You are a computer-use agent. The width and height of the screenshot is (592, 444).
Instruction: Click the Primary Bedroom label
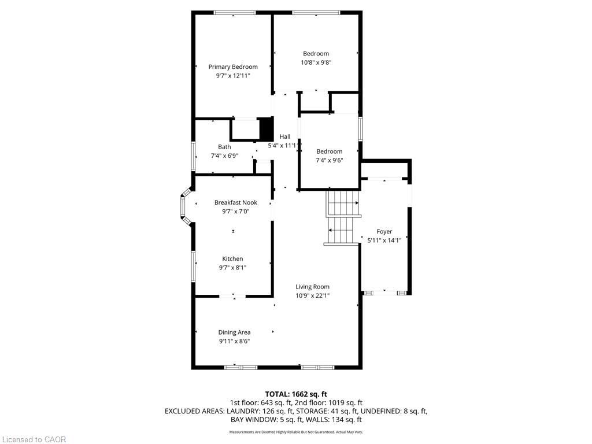pos(233,67)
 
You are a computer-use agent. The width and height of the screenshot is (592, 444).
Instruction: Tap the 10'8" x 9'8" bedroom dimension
pos(316,62)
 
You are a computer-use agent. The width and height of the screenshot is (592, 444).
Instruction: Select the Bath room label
pos(224,147)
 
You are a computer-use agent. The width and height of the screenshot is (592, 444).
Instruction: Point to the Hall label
pos(285,136)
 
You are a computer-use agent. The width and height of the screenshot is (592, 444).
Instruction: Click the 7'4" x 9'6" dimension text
pos(329,161)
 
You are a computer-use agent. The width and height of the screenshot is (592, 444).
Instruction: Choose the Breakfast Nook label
pos(236,202)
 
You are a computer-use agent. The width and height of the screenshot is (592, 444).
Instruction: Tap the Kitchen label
pos(232,258)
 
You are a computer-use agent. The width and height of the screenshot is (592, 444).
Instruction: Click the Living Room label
pos(312,287)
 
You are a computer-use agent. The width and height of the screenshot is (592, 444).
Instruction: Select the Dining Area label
pos(234,332)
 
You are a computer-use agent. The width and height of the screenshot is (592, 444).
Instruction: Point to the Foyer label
pos(384,231)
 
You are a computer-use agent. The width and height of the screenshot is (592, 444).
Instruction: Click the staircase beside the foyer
pos(342,218)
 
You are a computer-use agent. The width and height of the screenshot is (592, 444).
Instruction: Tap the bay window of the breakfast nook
pos(185,207)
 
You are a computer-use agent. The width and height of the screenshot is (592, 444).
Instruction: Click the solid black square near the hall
pos(266,129)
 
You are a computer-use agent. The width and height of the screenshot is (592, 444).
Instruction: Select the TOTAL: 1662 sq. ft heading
pos(295,394)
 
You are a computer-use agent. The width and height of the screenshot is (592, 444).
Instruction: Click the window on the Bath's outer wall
pos(193,156)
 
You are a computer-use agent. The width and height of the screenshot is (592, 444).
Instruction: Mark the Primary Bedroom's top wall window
pos(235,13)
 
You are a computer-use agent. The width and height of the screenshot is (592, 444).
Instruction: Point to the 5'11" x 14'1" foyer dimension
pos(384,240)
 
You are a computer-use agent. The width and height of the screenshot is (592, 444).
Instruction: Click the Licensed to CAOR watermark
pos(33,439)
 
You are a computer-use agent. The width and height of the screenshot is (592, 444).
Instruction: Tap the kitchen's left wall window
pos(193,267)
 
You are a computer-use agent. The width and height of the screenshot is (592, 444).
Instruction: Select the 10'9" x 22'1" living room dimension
pos(312,296)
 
